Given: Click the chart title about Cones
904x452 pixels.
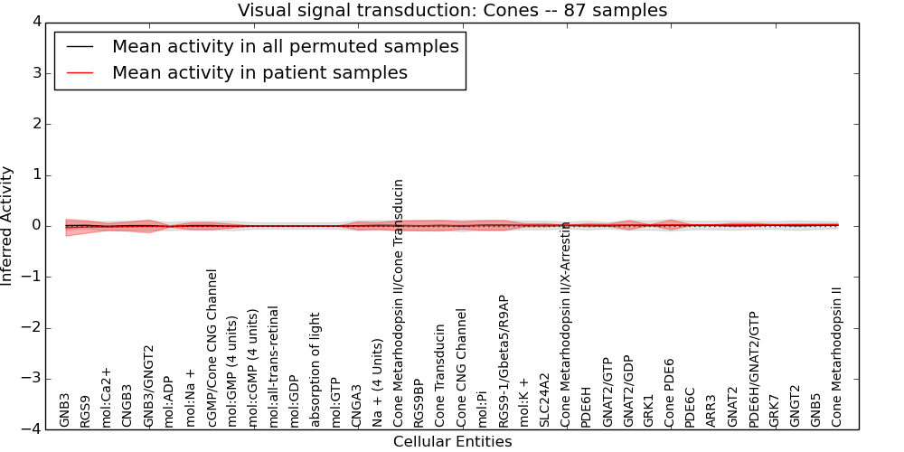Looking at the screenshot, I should [x=452, y=11].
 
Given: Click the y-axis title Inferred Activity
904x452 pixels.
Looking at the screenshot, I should [x=7, y=226].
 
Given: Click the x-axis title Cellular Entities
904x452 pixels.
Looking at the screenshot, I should [x=452, y=442].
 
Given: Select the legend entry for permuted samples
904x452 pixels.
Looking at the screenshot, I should [x=285, y=46].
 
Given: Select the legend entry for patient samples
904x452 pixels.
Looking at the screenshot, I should [x=259, y=72].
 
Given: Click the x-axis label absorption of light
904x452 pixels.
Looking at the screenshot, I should [x=315, y=370].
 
